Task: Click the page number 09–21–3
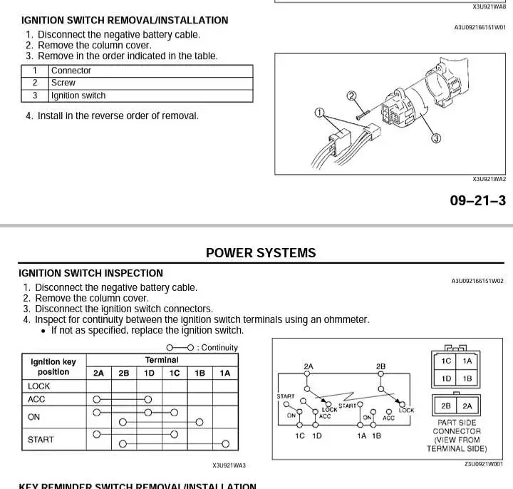coord(477,200)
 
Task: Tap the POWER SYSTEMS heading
coord(261,253)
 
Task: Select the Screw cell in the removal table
coord(63,83)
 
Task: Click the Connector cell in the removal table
coord(71,71)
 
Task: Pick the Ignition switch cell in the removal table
coord(78,96)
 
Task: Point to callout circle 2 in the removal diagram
coord(351,96)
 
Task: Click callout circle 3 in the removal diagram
coord(436,138)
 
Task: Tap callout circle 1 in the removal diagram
coord(320,112)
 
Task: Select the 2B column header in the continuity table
coord(124,373)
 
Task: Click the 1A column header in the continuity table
coord(224,373)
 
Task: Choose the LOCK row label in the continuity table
coord(39,386)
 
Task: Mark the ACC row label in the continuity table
coord(36,400)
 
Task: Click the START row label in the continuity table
coord(41,440)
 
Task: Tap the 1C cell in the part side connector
coord(446,361)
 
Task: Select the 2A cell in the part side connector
coord(467,406)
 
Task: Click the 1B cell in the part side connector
coord(467,379)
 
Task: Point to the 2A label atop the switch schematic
coord(309,366)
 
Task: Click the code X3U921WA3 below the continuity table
coord(229,465)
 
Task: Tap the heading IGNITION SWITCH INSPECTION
coord(90,273)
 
